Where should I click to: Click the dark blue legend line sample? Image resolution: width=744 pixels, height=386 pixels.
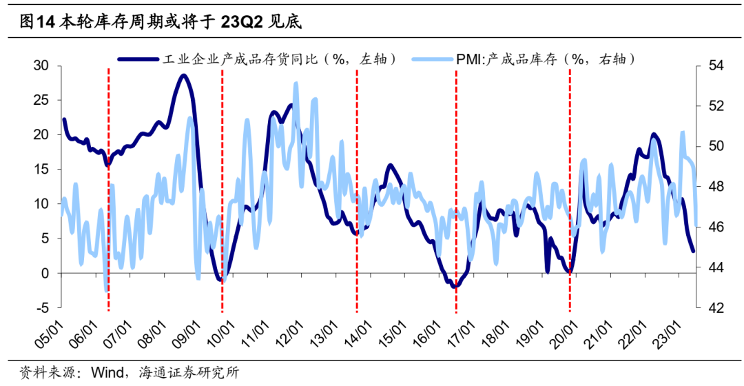[138, 59]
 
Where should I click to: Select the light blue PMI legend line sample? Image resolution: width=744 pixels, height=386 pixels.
[432, 59]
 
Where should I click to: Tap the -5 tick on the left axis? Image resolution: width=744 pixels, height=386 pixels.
[43, 307]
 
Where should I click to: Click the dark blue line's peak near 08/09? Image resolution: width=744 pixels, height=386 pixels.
[183, 75]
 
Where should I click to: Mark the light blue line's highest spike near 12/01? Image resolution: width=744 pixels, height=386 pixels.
[296, 83]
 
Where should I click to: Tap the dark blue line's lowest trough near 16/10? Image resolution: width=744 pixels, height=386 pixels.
[455, 286]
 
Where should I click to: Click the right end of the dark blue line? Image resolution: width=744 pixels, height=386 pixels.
[693, 251]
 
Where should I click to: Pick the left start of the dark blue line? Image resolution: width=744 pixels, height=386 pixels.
[64, 119]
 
